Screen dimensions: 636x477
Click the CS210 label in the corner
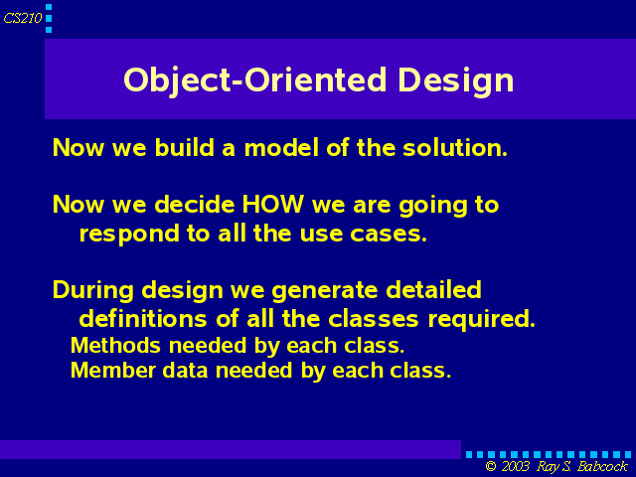click(23, 18)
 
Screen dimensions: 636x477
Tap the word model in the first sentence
click(281, 147)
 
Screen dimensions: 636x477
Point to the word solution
click(455, 147)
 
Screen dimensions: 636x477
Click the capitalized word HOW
click(272, 204)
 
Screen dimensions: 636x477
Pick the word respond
click(129, 235)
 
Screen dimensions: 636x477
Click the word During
click(92, 291)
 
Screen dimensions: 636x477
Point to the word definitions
click(143, 318)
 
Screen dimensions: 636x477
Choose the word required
click(481, 319)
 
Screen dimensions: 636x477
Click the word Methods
click(115, 346)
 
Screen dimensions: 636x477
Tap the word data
click(186, 370)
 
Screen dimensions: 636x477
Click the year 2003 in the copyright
click(515, 466)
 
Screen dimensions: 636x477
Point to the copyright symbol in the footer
click(491, 466)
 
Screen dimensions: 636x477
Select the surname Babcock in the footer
click(603, 466)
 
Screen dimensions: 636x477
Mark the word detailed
click(433, 290)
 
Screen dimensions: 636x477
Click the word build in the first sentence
click(184, 147)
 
